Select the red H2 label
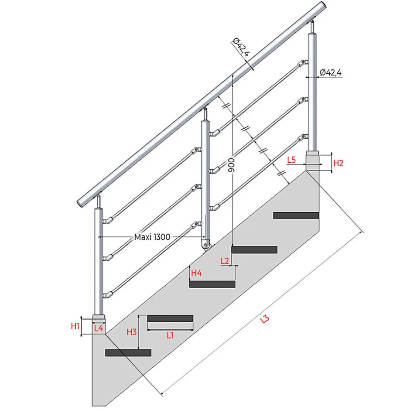coord(338,164)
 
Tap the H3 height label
coord(132,332)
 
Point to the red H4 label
coord(196,273)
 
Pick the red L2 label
coord(225,261)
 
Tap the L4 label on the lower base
coord(99,328)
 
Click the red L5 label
coord(292,160)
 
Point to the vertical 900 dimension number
coord(231,165)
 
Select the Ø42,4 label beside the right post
coord(331,73)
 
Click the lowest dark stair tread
coord(128,352)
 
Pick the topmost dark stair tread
coord(296,215)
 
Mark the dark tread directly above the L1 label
coord(170,318)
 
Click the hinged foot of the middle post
coord(206,245)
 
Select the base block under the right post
coord(312,161)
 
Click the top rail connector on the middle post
coord(214,133)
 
